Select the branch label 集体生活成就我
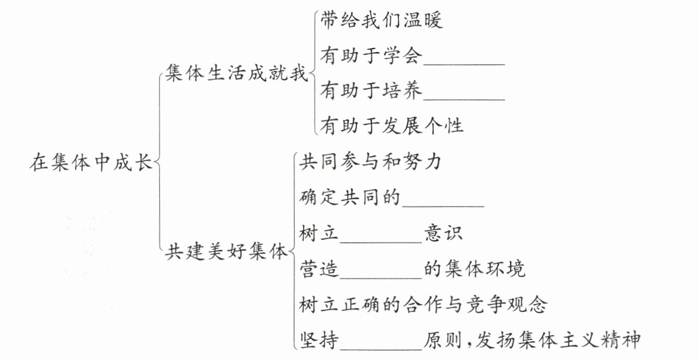236,73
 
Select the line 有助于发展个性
391,125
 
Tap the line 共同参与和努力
371,162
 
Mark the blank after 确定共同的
443,199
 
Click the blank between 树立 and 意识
380,234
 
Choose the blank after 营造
380,269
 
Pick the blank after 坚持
380,341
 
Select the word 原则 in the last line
442,340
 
